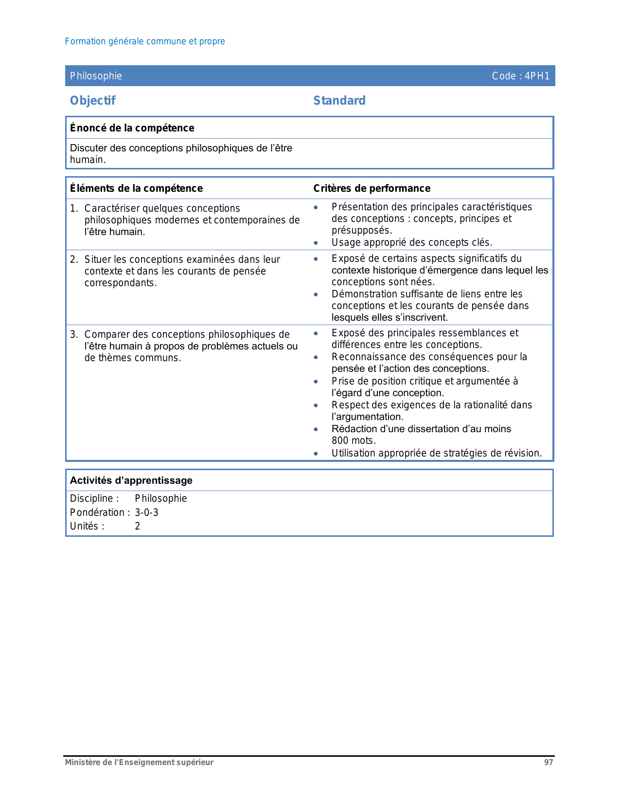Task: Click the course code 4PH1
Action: point(537,76)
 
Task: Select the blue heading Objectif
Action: point(93,101)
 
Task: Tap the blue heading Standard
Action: point(339,101)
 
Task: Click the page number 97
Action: point(549,763)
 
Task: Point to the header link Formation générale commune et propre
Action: point(145,41)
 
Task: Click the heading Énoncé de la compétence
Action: point(132,128)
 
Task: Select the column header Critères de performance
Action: point(372,188)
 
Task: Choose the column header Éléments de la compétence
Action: point(136,188)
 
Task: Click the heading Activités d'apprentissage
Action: point(131,480)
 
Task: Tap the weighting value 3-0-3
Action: point(146,512)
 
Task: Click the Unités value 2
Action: point(138,526)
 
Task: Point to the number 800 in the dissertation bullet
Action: point(340,441)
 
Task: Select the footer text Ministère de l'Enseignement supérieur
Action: point(140,763)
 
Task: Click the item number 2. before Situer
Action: point(73,259)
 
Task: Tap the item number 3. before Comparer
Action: point(73,334)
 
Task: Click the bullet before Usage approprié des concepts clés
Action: point(316,243)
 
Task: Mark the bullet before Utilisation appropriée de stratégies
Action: point(316,454)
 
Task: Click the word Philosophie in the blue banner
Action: point(96,76)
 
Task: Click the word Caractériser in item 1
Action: point(112,208)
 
